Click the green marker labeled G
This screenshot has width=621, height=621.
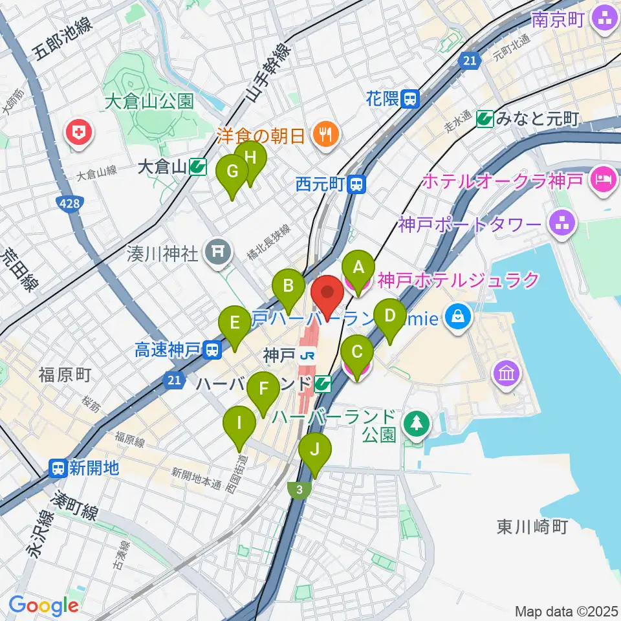click(x=233, y=172)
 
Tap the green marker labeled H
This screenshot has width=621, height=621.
click(x=251, y=157)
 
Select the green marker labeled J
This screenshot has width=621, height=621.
click(x=315, y=449)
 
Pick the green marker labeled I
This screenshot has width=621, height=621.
click(x=239, y=424)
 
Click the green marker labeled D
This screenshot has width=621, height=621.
click(x=389, y=316)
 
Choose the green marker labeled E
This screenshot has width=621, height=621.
click(x=235, y=323)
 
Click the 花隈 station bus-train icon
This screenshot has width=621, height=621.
click(x=411, y=99)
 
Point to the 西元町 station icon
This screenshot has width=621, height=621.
click(x=356, y=185)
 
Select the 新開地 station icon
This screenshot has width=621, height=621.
click(x=59, y=467)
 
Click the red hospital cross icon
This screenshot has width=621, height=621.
click(x=80, y=134)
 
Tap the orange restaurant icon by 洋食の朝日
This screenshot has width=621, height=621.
click(x=321, y=135)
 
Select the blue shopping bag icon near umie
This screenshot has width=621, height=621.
click(x=458, y=317)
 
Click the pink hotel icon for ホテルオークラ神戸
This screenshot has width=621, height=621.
click(x=603, y=178)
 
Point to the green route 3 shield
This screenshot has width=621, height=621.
click(x=299, y=491)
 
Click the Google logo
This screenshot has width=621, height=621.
click(x=43, y=605)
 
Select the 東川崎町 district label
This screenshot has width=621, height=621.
click(x=532, y=527)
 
